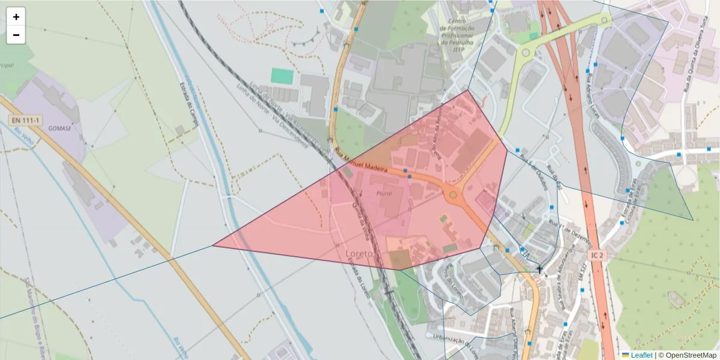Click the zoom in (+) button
16,17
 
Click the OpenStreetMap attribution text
688,355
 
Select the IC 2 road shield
598,255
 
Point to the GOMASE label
60,128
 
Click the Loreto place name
359,254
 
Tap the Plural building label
384,194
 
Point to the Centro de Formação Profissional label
457,35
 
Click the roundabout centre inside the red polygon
453,195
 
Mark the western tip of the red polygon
214,245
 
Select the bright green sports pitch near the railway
281,76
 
